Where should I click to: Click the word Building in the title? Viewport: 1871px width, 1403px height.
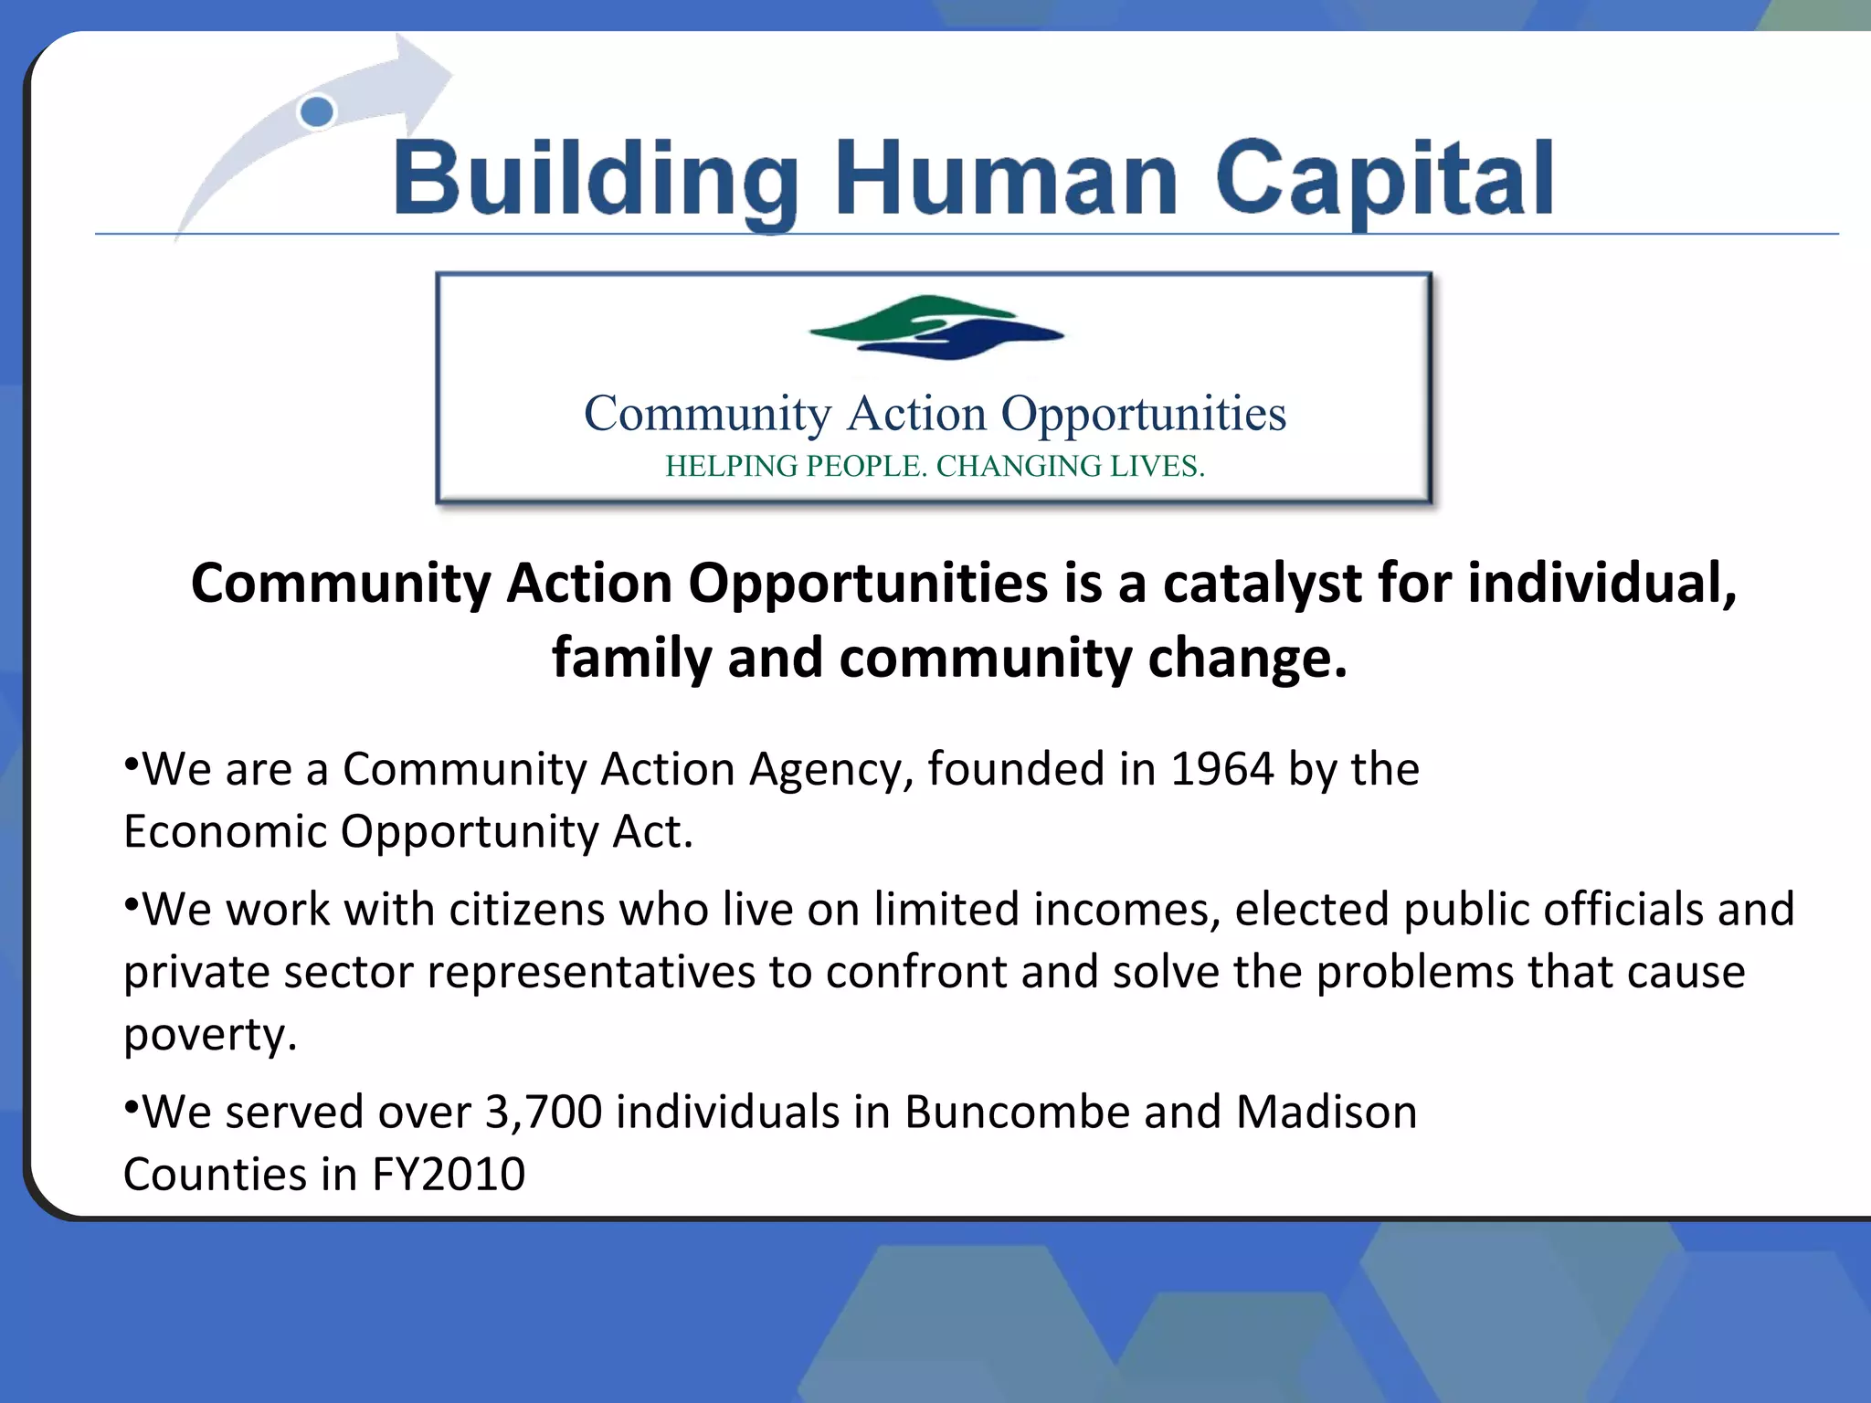pyautogui.click(x=596, y=179)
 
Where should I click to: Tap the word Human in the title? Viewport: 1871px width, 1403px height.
pyautogui.click(x=1006, y=179)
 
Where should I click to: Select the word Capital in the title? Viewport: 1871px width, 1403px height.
pyautogui.click(x=1384, y=179)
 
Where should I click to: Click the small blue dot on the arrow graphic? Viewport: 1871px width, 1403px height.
pyautogui.click(x=317, y=112)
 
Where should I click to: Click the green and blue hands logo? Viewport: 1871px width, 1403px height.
pyautogui.click(x=935, y=327)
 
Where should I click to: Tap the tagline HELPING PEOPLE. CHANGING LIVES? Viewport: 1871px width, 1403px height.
pyautogui.click(x=935, y=466)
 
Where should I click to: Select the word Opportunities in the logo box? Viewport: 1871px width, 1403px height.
pyautogui.click(x=1144, y=414)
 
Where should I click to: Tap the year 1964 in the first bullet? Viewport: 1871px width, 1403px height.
pyautogui.click(x=1221, y=769)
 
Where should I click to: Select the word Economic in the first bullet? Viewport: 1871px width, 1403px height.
pyautogui.click(x=225, y=832)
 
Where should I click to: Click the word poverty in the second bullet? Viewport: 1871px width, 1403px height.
pyautogui.click(x=210, y=1036)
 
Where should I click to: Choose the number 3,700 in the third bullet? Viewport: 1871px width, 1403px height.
pyautogui.click(x=543, y=1113)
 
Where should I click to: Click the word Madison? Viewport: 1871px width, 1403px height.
pyautogui.click(x=1326, y=1113)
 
